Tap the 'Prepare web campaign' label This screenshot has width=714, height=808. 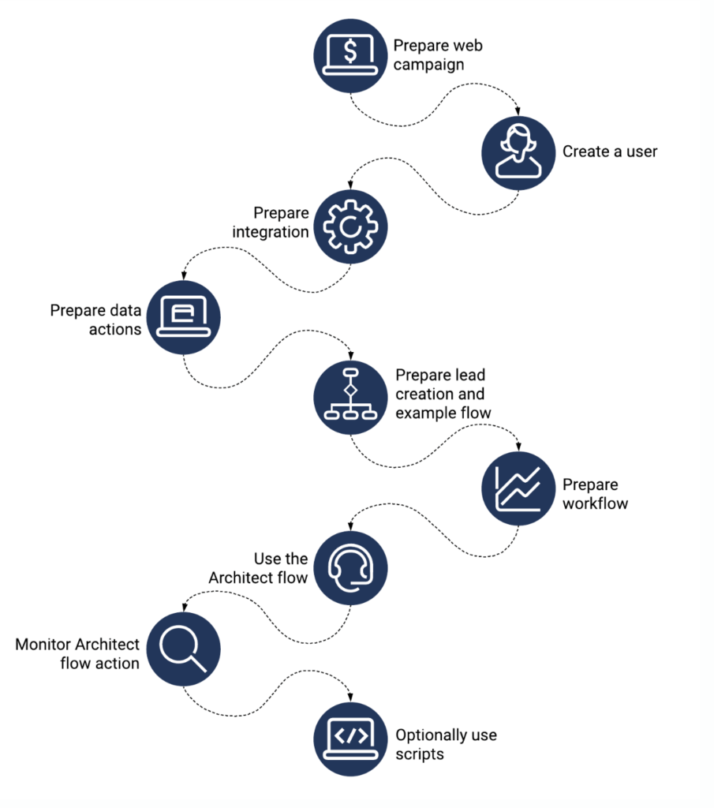pyautogui.click(x=437, y=55)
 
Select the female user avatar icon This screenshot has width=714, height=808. pyautogui.click(x=518, y=152)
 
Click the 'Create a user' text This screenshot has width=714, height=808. pyautogui.click(x=609, y=151)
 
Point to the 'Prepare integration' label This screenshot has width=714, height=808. pyautogui.click(x=280, y=223)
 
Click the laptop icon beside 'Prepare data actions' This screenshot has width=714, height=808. pyautogui.click(x=183, y=317)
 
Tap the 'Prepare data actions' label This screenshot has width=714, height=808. pyautogui.click(x=95, y=320)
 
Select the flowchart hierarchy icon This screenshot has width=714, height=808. pyautogui.click(x=350, y=392)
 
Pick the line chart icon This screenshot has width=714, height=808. pyautogui.click(x=518, y=488)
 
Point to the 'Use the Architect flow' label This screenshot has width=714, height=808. pyautogui.click(x=259, y=568)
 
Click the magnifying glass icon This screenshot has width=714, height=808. pyautogui.click(x=183, y=652)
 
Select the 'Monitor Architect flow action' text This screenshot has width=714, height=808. pyautogui.click(x=77, y=653)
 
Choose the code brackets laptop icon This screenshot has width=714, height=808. pyautogui.click(x=350, y=737)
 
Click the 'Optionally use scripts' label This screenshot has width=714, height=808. pyautogui.click(x=446, y=744)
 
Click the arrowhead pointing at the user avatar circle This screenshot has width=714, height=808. pyautogui.click(x=518, y=112)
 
